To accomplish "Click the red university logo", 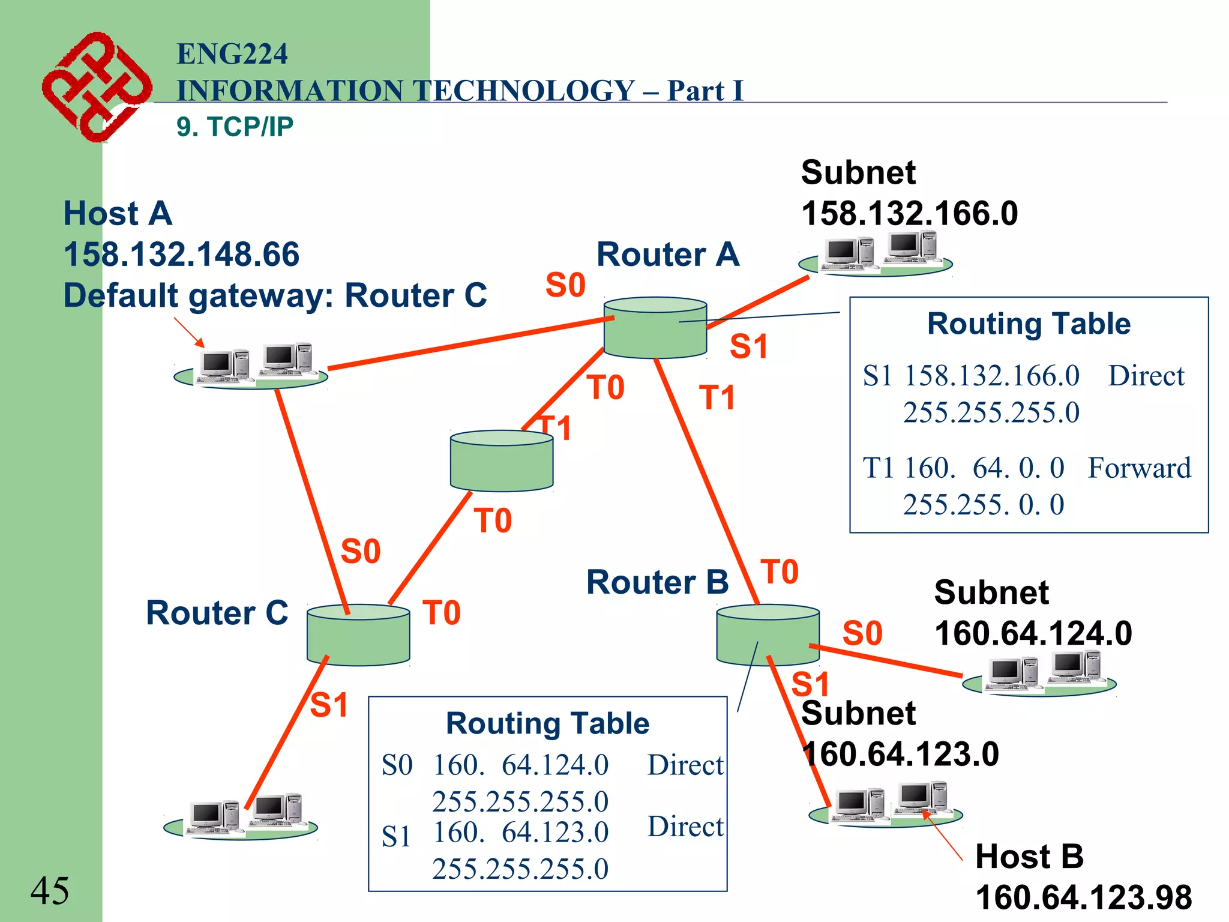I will (x=96, y=87).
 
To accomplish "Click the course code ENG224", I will (x=232, y=54).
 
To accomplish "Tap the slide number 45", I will (x=50, y=890).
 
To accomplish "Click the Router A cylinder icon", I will (x=655, y=328).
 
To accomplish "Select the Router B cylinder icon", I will (x=768, y=635).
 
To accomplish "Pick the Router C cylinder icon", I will (x=358, y=635).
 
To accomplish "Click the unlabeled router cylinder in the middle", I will (x=502, y=461).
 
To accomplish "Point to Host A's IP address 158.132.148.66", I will (x=181, y=255).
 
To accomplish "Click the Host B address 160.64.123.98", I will (x=1083, y=897).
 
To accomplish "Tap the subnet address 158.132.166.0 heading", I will (x=909, y=214).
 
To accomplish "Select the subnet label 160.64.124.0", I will (x=1033, y=633).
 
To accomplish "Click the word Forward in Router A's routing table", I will (x=1139, y=468).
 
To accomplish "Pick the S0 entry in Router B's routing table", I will (x=397, y=765).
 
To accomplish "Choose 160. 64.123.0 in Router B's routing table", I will (x=520, y=832).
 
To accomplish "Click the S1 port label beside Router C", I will (x=329, y=705).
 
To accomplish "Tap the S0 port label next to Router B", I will (x=862, y=633).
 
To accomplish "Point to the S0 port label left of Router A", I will (x=565, y=285).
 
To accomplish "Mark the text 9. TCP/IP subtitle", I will (x=235, y=127).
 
